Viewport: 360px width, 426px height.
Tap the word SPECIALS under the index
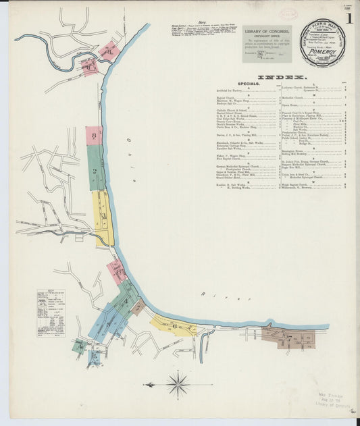click(234, 85)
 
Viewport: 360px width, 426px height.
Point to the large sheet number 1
click(349, 18)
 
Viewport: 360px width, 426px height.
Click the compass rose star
click(178, 385)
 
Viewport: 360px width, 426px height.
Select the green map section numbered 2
click(96, 168)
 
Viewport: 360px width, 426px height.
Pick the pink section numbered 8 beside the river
click(116, 271)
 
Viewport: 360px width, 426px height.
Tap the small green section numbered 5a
click(79, 347)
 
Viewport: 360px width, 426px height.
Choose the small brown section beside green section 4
click(138, 308)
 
